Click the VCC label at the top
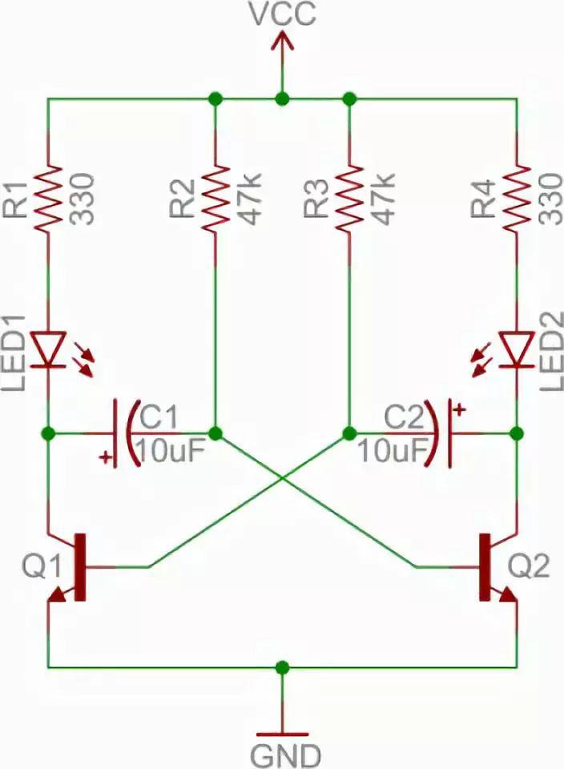pyautogui.click(x=282, y=14)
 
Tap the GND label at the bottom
pyautogui.click(x=285, y=755)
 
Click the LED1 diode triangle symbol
pyautogui.click(x=48, y=349)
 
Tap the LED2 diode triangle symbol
pyautogui.click(x=517, y=349)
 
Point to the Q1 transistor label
pyautogui.click(x=42, y=566)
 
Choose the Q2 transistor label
pyautogui.click(x=529, y=566)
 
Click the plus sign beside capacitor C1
pyautogui.click(x=105, y=457)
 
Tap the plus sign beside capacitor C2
pyautogui.click(x=459, y=409)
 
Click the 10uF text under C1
pyautogui.click(x=170, y=451)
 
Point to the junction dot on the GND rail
pyautogui.click(x=282, y=667)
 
